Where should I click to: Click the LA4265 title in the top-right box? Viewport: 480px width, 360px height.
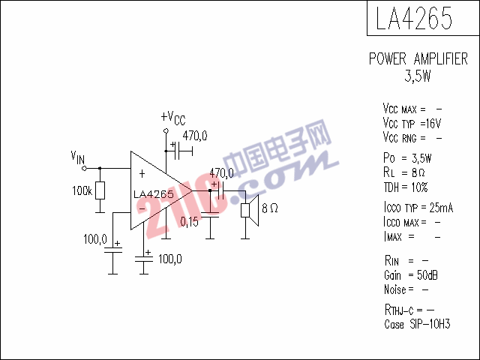[414, 18]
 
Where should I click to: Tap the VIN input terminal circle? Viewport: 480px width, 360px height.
[84, 168]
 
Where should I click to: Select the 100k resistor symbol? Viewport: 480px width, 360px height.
[100, 190]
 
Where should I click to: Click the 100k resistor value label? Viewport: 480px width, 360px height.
[82, 190]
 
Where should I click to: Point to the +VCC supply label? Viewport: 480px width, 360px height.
[173, 118]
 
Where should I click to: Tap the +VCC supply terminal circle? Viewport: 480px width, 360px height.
[166, 130]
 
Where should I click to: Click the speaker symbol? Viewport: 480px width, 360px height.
[250, 210]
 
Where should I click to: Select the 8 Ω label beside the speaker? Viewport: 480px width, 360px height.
[270, 208]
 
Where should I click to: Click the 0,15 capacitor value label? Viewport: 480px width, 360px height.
[189, 222]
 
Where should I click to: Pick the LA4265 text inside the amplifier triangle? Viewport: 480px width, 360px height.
[154, 194]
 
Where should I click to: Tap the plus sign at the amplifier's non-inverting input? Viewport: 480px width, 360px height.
[142, 174]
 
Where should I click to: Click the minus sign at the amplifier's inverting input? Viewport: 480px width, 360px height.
[142, 209]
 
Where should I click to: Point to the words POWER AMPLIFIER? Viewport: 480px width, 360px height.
[418, 58]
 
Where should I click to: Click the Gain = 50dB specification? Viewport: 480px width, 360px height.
[411, 275]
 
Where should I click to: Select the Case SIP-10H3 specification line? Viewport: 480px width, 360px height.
[417, 324]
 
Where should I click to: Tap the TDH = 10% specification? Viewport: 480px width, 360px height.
[406, 187]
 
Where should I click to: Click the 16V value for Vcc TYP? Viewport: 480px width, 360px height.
[433, 123]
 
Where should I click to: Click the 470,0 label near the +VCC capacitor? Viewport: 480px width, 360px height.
[195, 136]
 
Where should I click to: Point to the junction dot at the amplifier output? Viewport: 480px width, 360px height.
[210, 190]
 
